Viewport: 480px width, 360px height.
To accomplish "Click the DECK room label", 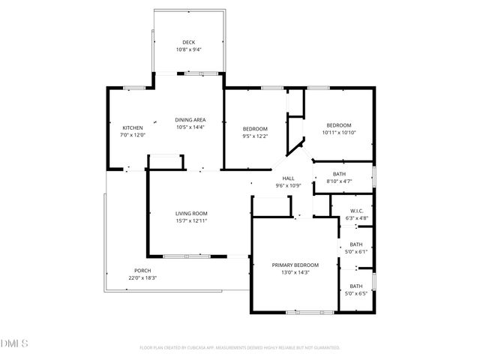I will tap(189, 42).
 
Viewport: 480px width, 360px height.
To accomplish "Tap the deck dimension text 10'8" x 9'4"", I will tap(189, 49).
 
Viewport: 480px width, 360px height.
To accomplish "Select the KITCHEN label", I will tap(133, 127).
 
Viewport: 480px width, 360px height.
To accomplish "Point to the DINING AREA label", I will tap(190, 120).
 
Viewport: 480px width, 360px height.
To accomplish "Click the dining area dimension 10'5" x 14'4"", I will tap(190, 127).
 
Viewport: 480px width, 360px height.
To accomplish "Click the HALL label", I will tap(288, 178).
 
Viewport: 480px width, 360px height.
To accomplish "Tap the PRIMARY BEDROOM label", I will tap(295, 265).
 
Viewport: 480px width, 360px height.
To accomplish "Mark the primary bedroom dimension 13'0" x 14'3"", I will tap(295, 272).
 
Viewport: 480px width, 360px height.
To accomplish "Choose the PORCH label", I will tap(142, 271).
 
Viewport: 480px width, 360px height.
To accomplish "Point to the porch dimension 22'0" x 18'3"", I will tap(142, 278).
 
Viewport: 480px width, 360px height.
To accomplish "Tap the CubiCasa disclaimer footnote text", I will tap(240, 347).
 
